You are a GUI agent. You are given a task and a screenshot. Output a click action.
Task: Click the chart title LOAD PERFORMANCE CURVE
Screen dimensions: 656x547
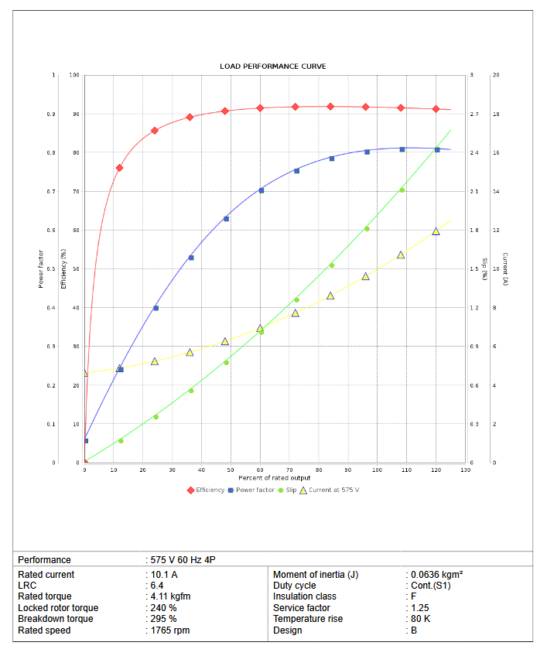pos(273,67)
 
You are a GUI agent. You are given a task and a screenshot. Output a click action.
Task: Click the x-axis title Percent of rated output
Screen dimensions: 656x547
pos(275,477)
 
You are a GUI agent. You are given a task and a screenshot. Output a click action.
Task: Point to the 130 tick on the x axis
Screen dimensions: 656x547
pos(465,470)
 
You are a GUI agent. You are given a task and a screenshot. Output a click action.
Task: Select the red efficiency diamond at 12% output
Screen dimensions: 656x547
pos(119,168)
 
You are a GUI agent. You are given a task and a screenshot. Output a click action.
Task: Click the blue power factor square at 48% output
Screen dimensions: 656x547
pos(226,219)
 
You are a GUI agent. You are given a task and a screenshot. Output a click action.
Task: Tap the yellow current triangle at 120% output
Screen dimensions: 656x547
pos(436,231)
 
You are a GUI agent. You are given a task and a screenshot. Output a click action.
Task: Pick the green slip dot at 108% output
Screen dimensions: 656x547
pos(402,190)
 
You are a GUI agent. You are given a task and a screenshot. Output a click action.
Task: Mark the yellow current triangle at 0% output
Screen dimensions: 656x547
pos(85,373)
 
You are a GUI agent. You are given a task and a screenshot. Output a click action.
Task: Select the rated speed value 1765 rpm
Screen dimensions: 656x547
pos(170,630)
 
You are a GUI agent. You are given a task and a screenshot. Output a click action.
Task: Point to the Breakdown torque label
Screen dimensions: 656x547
pos(55,619)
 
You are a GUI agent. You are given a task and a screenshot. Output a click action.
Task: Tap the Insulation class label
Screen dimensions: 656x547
pos(304,596)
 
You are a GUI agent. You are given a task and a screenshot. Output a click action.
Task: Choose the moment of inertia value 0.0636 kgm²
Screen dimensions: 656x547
pos(436,575)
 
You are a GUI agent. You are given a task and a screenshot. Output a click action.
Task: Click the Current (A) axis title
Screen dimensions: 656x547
pos(504,269)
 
